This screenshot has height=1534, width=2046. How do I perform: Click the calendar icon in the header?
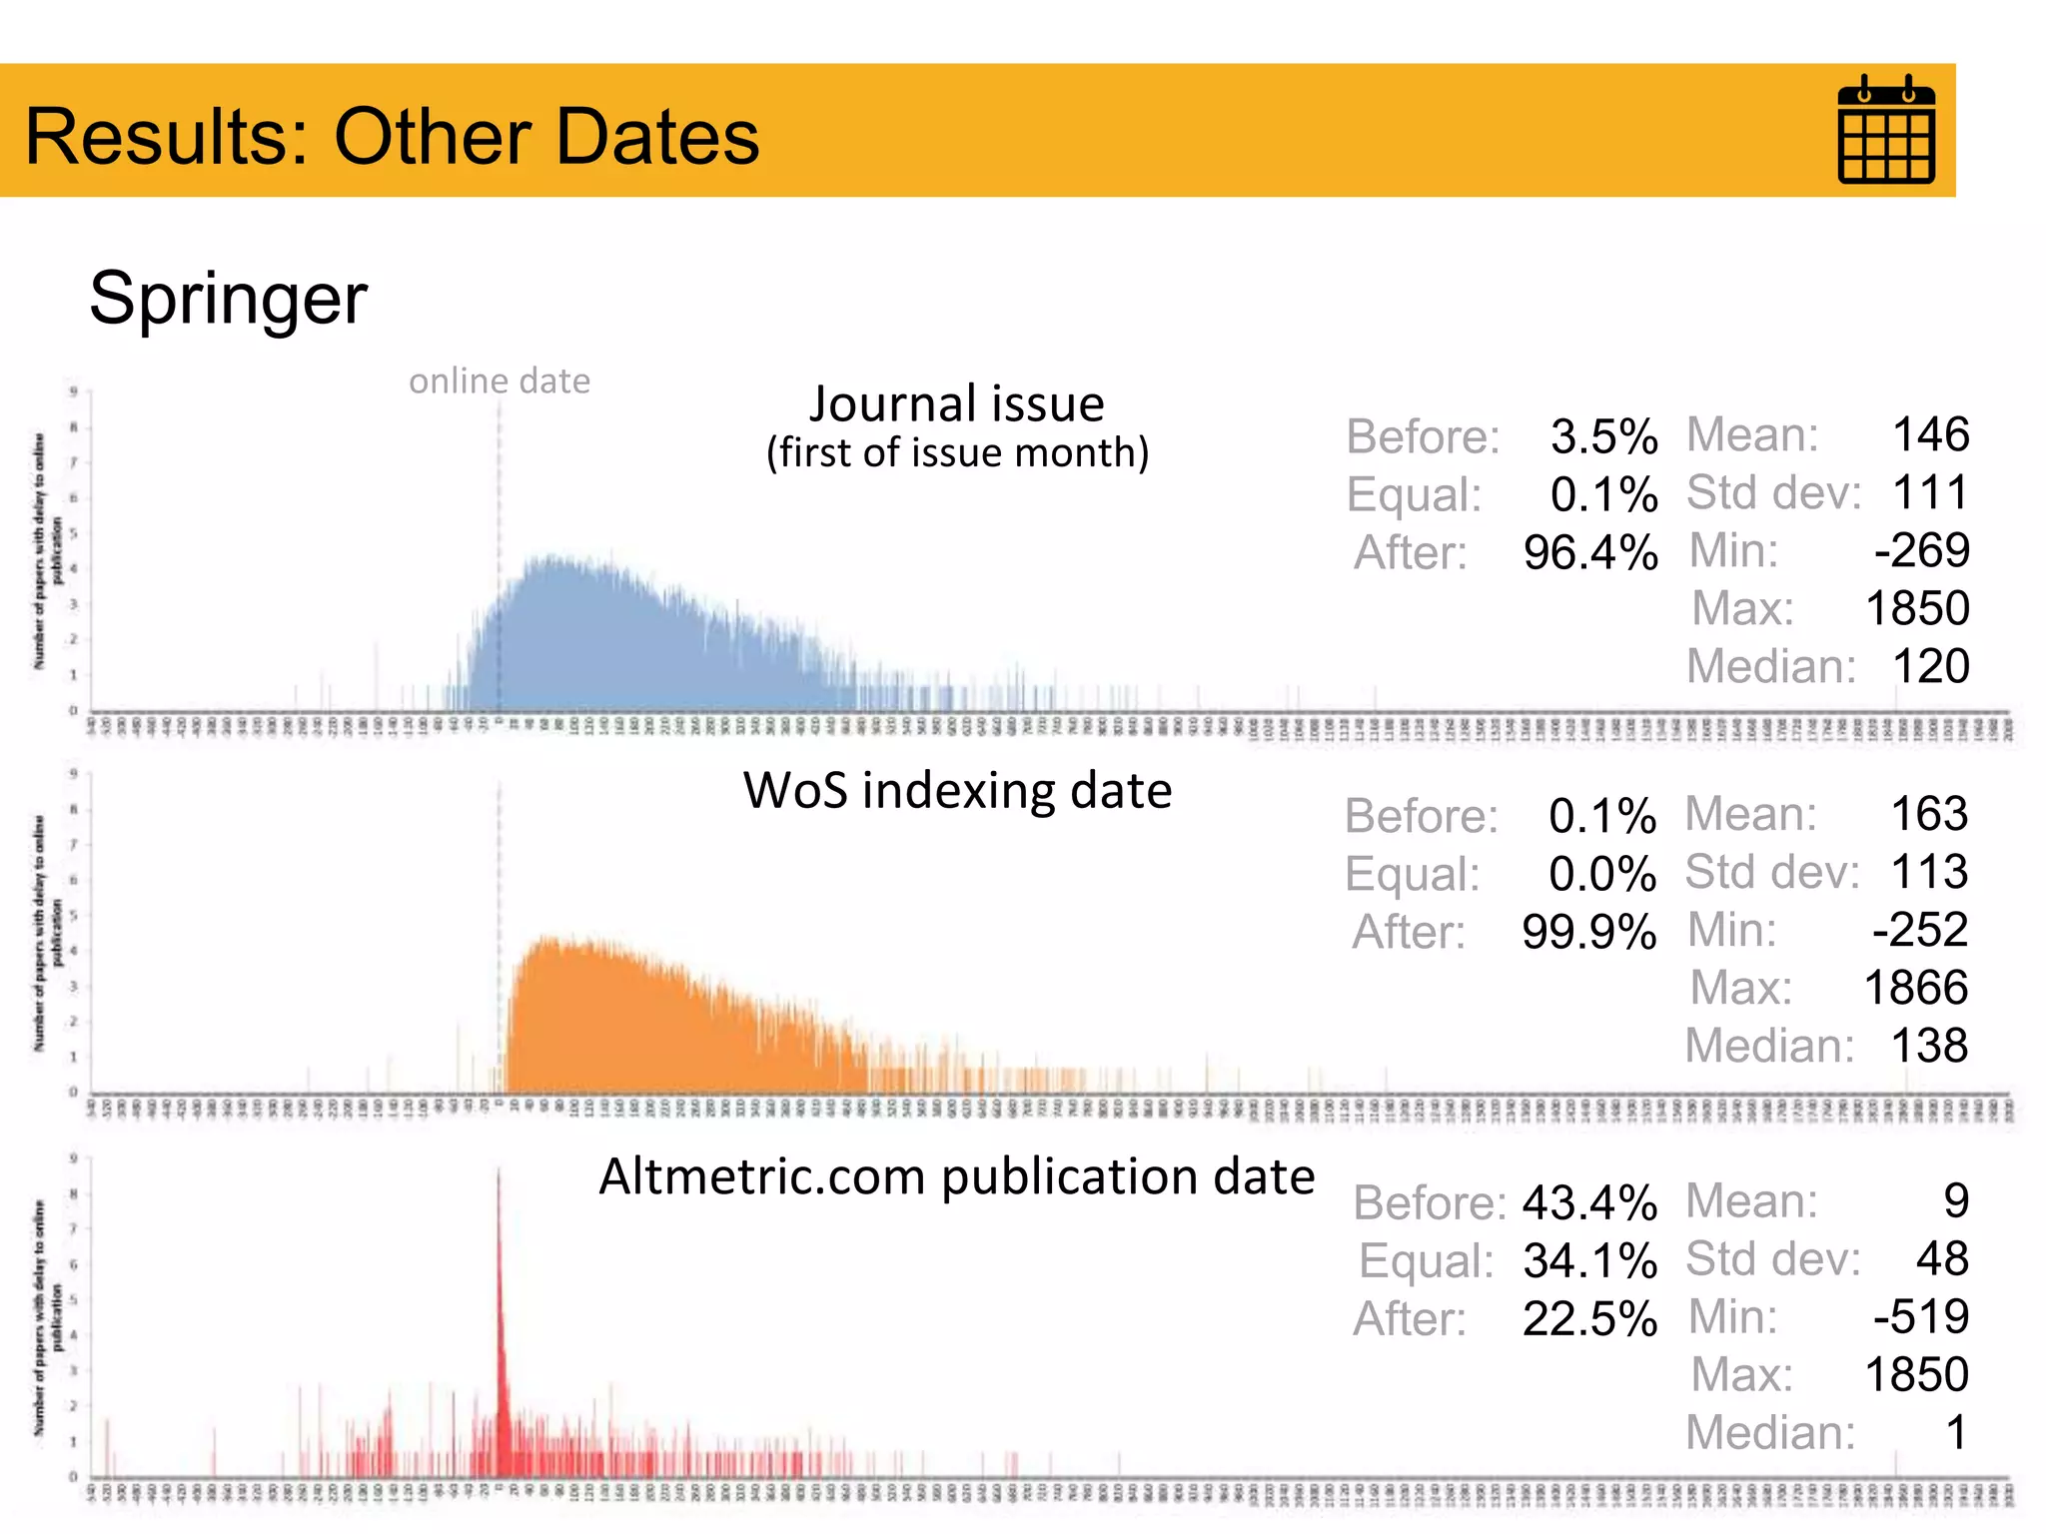click(x=1886, y=130)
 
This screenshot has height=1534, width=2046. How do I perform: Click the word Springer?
click(x=228, y=298)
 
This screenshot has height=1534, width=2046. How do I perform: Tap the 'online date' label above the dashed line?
click(x=499, y=382)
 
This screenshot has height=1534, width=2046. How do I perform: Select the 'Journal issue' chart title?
click(x=956, y=404)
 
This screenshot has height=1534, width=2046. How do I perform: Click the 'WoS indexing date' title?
click(x=956, y=791)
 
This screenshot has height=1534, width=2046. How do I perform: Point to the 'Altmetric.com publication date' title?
click(x=956, y=1176)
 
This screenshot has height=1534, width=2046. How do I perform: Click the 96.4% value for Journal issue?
click(x=1590, y=553)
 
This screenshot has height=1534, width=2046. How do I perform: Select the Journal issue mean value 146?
click(x=1930, y=435)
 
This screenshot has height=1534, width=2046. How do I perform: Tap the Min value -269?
click(x=1921, y=551)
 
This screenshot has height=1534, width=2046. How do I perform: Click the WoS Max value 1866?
click(x=1915, y=989)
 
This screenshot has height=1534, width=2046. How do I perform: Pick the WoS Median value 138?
click(x=1929, y=1047)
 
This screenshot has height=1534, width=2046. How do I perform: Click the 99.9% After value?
click(x=1588, y=933)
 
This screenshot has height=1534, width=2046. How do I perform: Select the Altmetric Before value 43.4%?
click(x=1589, y=1203)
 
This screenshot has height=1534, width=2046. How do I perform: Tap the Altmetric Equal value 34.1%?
click(x=1589, y=1261)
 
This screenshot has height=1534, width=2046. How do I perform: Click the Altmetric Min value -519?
click(x=1920, y=1317)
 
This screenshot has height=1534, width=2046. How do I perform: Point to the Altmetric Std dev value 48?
click(x=1941, y=1259)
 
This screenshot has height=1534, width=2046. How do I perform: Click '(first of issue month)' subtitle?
click(x=957, y=453)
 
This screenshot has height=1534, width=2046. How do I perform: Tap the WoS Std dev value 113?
click(x=1929, y=873)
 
